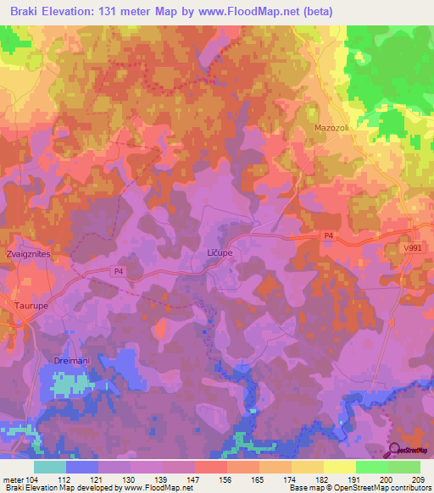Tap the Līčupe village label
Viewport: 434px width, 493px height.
click(x=220, y=253)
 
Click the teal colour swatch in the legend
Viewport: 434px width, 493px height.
click(x=49, y=466)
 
